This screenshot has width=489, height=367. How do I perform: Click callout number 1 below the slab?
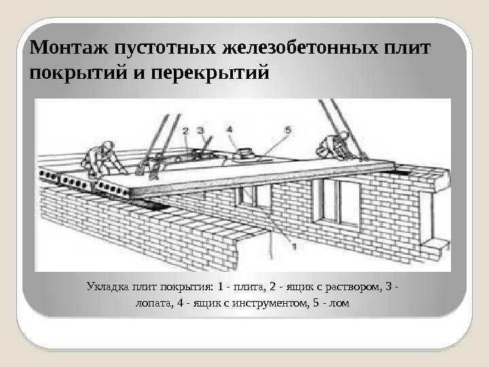click(x=293, y=249)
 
